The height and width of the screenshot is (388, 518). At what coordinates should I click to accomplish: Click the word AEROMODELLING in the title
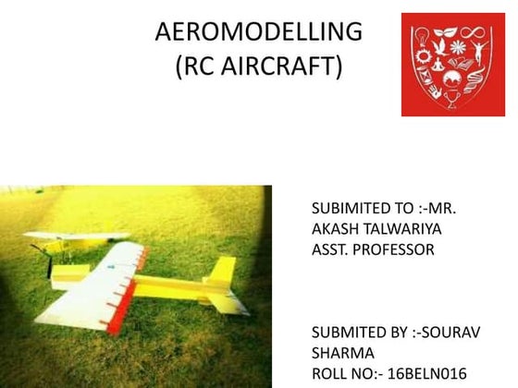click(x=259, y=32)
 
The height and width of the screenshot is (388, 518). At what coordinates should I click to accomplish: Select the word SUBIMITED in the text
click(x=351, y=207)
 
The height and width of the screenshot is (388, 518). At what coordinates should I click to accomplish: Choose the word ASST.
click(x=332, y=249)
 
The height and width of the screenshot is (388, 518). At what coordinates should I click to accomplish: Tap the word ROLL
click(x=331, y=373)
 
